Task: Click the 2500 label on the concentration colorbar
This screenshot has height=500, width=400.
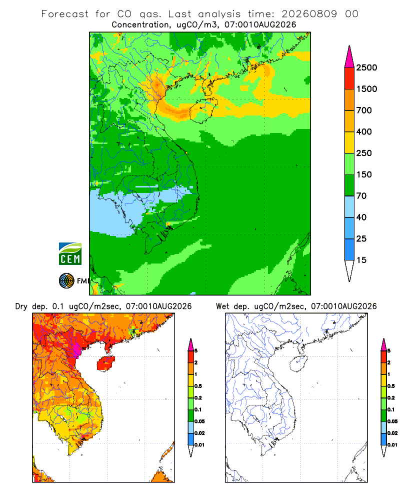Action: [366, 67]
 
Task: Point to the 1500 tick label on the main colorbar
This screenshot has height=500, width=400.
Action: [366, 89]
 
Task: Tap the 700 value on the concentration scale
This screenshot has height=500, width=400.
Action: [364, 110]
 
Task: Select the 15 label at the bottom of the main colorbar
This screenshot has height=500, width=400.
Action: [361, 260]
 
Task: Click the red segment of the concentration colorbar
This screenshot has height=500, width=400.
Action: [349, 78]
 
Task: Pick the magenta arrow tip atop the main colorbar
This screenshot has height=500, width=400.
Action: [349, 56]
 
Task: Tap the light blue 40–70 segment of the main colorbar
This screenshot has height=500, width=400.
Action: [349, 206]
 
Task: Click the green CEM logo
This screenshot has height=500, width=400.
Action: [70, 254]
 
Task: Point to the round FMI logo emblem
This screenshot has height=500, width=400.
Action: [66, 281]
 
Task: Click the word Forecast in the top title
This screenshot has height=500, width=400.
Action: [65, 14]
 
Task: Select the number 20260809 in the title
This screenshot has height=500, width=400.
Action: [309, 14]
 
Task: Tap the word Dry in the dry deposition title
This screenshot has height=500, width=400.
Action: [21, 306]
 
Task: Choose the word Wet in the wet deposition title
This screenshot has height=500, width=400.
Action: [222, 306]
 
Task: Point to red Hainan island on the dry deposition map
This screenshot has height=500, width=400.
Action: [105, 363]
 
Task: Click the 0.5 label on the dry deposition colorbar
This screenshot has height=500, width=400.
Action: [198, 386]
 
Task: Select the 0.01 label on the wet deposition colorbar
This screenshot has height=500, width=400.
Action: [392, 445]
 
